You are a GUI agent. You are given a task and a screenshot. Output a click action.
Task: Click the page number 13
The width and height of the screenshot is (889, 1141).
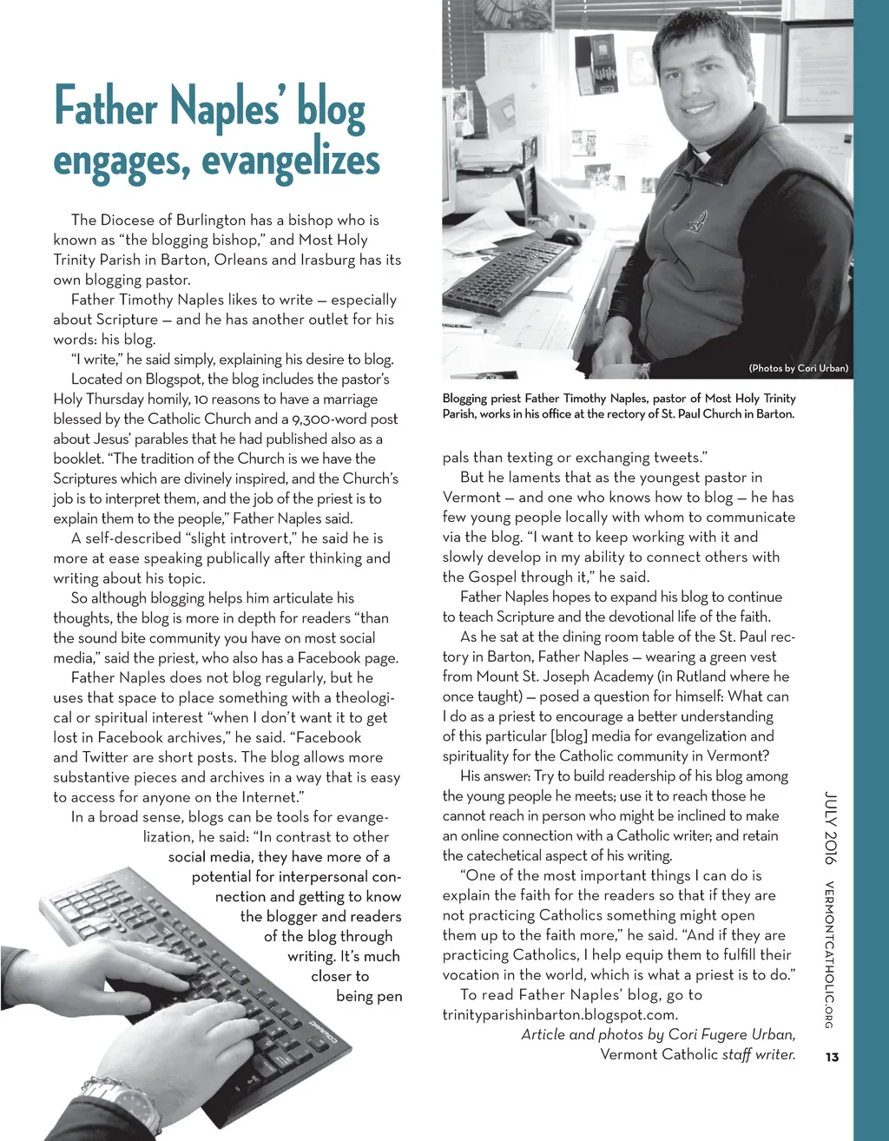(x=833, y=1057)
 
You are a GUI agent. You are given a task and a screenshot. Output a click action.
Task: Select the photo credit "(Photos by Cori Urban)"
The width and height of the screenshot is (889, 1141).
(x=798, y=368)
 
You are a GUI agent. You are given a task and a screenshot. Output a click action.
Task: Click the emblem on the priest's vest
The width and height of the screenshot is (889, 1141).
(x=695, y=223)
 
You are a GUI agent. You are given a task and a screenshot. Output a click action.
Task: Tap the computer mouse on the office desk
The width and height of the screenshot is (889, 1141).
(x=565, y=236)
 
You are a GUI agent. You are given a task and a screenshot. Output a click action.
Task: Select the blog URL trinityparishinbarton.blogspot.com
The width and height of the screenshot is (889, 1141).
(x=560, y=1014)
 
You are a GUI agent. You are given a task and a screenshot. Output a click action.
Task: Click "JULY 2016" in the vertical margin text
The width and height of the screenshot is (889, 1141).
(x=831, y=828)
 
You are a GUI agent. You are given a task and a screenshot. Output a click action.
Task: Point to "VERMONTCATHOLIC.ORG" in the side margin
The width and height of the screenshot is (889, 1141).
(x=831, y=954)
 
